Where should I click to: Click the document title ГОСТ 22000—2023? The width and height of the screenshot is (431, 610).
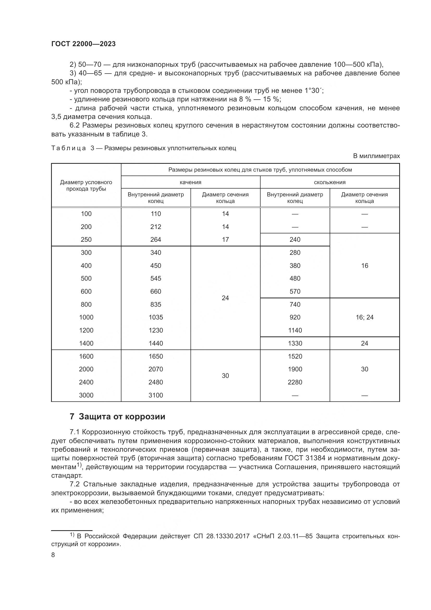coord(83,44)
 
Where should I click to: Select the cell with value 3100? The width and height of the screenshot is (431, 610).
coord(156,395)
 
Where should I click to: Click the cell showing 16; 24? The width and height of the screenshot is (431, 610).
coord(364,317)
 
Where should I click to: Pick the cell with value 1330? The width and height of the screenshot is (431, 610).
coord(295,343)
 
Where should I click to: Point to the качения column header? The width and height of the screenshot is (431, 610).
coord(190,182)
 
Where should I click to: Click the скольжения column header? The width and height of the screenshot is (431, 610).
coord(330,182)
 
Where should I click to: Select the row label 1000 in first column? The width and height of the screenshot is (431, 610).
coord(86,317)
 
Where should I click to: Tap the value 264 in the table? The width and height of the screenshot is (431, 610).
coord(156,240)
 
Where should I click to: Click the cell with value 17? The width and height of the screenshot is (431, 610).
coord(225,240)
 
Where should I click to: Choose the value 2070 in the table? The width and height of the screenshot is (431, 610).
coord(156,369)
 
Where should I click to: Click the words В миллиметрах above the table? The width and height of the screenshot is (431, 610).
coord(376,156)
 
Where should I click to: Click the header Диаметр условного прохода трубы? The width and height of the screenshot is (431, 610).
coord(86,185)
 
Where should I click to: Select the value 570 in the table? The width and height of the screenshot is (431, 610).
coord(295,292)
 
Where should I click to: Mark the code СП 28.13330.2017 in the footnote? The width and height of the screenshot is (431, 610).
coord(221,536)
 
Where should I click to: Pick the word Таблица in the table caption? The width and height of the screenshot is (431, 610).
coord(69,148)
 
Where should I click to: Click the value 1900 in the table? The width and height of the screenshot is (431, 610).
coord(295,369)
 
